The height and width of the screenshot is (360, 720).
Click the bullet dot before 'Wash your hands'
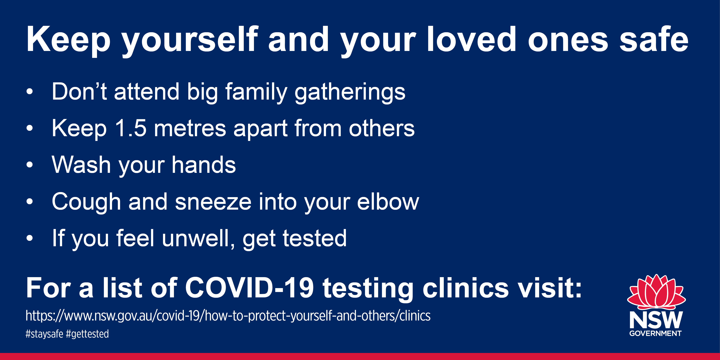tap(30, 165)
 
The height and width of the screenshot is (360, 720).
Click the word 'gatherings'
tap(350, 92)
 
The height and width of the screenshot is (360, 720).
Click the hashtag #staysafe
tap(44, 334)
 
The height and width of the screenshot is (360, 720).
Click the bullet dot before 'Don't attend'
tap(30, 92)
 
